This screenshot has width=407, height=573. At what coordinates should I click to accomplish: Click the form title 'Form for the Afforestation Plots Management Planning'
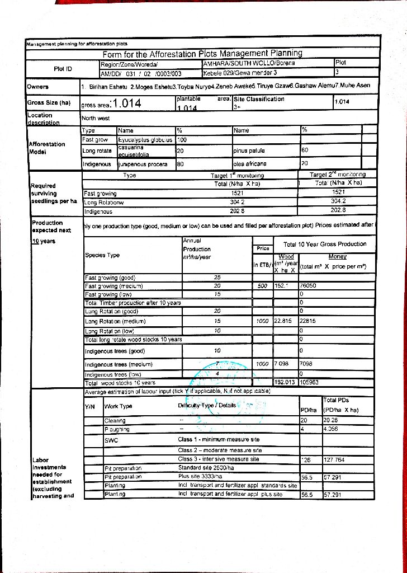point(202,54)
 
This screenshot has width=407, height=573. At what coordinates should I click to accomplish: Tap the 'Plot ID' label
point(62,68)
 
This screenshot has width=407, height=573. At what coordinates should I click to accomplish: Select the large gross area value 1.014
point(126,103)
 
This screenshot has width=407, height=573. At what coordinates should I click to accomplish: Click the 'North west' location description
point(96,119)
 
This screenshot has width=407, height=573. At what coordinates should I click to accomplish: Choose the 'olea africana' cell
point(250,164)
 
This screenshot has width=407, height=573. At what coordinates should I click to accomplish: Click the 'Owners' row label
point(38,87)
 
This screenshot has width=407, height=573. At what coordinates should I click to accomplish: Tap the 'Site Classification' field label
point(259,99)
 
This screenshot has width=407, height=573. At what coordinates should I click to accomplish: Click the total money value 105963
point(311,383)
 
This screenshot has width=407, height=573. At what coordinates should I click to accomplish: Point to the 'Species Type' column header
point(102,255)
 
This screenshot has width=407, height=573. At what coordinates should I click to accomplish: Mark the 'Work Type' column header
point(119,406)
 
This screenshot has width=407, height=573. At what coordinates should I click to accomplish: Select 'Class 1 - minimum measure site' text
point(219,440)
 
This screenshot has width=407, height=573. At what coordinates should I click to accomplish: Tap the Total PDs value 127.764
point(335,459)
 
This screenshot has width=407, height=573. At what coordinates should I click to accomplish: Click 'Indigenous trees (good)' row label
point(115,351)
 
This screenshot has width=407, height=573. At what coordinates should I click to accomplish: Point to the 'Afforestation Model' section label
point(47,148)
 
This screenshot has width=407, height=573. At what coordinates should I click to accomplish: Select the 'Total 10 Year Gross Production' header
point(325,245)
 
